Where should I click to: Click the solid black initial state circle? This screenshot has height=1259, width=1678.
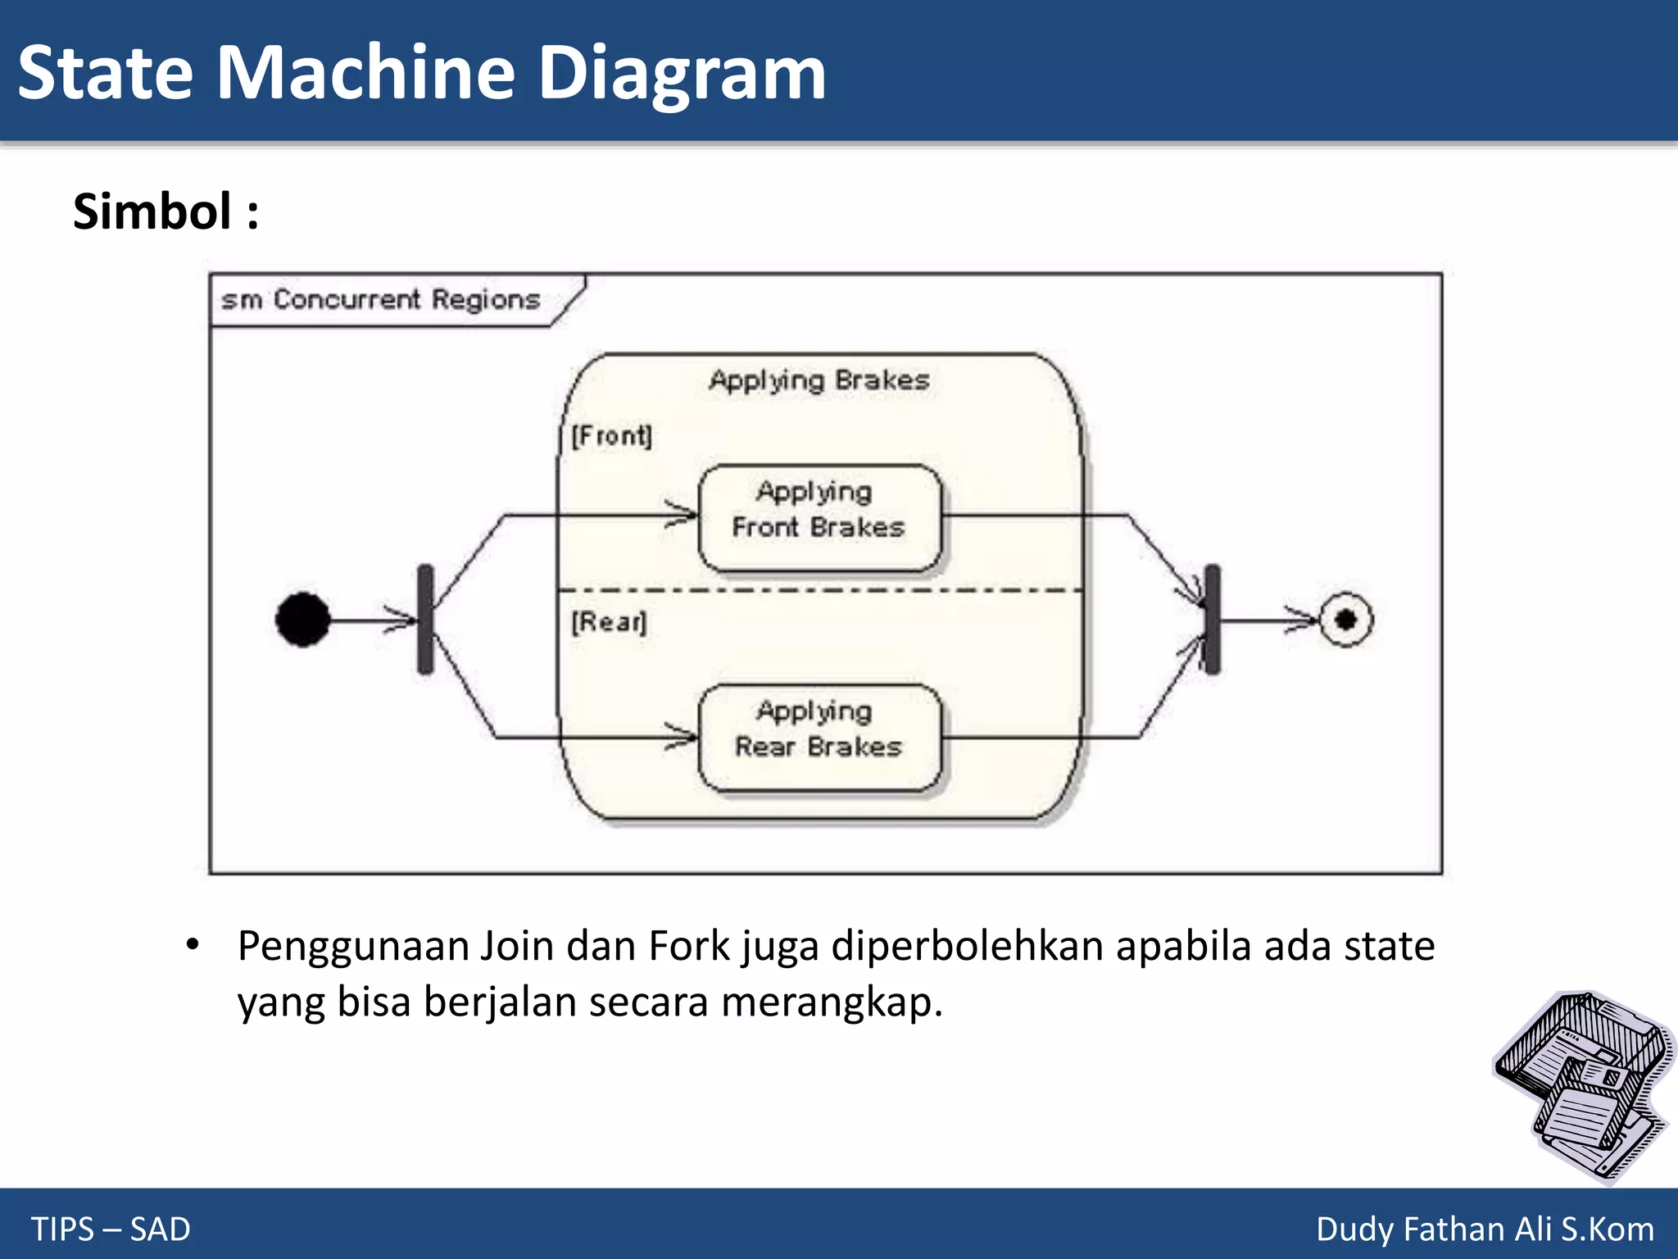tap(303, 620)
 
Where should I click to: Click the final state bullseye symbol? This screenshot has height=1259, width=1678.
tap(1345, 620)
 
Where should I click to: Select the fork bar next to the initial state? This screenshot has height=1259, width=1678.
tap(425, 620)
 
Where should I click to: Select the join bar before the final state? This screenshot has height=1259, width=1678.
tap(1213, 620)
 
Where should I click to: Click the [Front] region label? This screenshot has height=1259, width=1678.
tap(611, 435)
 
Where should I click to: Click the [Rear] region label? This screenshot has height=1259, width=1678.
tap(609, 622)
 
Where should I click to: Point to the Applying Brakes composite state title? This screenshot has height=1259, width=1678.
tap(819, 380)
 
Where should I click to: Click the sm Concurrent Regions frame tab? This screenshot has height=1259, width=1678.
tap(381, 300)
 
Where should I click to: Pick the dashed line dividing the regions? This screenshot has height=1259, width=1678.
tap(819, 590)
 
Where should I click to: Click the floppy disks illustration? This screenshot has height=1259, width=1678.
tap(1581, 1086)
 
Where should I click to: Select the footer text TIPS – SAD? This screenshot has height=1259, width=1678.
tap(111, 1229)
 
